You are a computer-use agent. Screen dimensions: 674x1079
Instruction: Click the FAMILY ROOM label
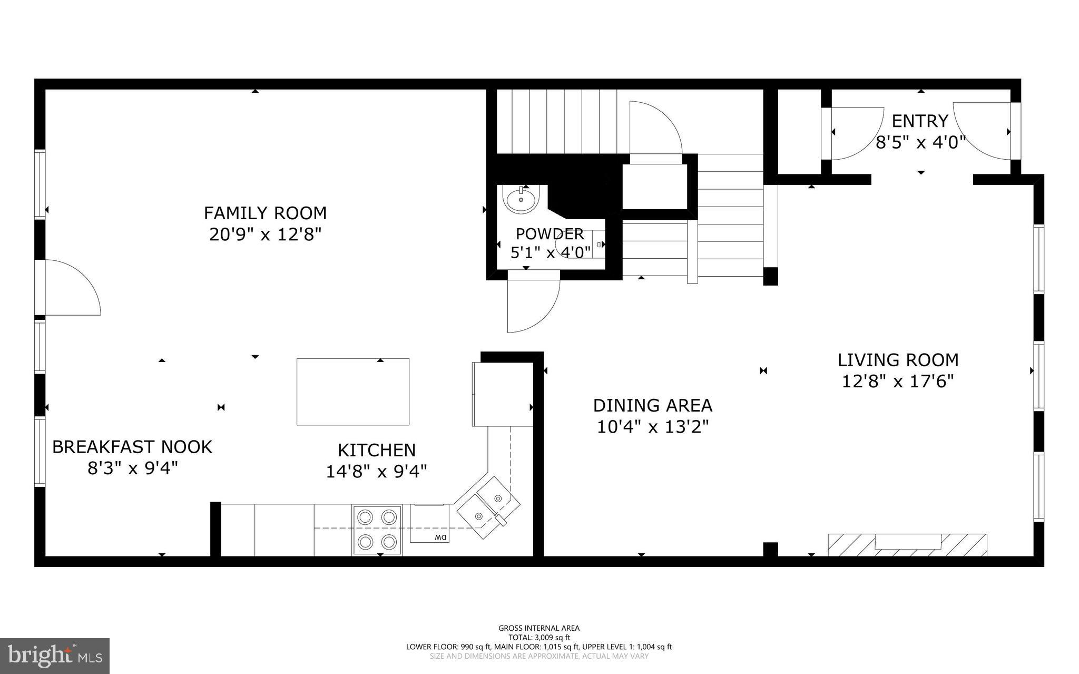[x=265, y=213]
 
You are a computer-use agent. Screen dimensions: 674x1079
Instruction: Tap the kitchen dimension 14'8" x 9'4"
[x=376, y=471]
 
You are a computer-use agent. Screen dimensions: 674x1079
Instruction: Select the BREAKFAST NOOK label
[x=132, y=447]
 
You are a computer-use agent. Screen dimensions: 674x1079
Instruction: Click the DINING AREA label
[x=652, y=405]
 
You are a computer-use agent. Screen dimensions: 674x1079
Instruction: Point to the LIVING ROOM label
[x=898, y=360]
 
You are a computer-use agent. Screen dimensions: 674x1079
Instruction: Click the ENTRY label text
[x=919, y=121]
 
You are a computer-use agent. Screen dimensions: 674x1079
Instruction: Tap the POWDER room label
[x=549, y=233]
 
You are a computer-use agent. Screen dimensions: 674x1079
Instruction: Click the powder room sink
[x=521, y=200]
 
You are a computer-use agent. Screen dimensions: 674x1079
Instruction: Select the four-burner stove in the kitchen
[x=377, y=529]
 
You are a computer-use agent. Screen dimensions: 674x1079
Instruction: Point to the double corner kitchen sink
[x=487, y=506]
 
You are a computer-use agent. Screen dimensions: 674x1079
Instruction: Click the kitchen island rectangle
[x=352, y=392]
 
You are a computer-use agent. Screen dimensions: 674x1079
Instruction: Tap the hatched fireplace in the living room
[x=907, y=544]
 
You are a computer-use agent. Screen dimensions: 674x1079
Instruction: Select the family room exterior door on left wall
[x=68, y=288]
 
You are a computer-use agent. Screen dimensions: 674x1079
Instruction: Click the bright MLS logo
[x=55, y=656]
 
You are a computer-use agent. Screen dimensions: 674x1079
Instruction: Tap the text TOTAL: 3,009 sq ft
[x=538, y=637]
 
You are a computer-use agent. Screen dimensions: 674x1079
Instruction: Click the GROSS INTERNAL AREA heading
[x=538, y=628]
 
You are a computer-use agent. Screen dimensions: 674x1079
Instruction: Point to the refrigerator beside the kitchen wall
[x=503, y=394]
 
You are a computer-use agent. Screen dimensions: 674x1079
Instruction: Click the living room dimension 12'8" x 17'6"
[x=898, y=381]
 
